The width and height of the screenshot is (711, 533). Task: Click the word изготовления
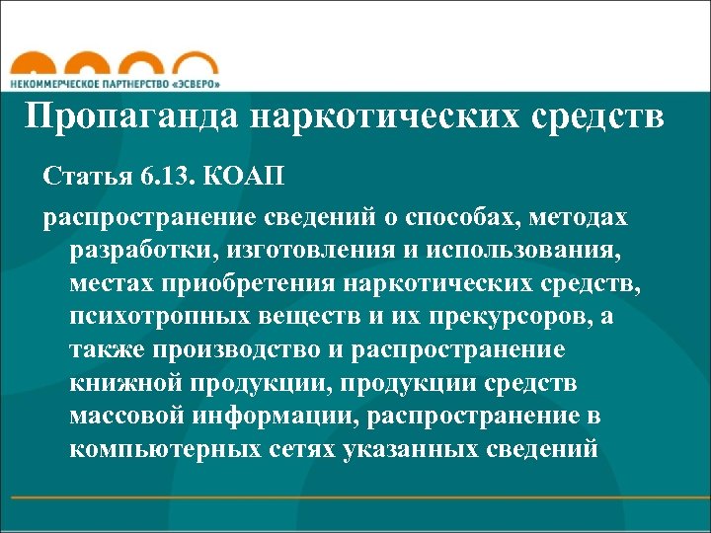click(x=291, y=250)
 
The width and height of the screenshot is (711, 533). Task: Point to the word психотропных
click(x=142, y=317)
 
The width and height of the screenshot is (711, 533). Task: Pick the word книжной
click(x=116, y=384)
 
